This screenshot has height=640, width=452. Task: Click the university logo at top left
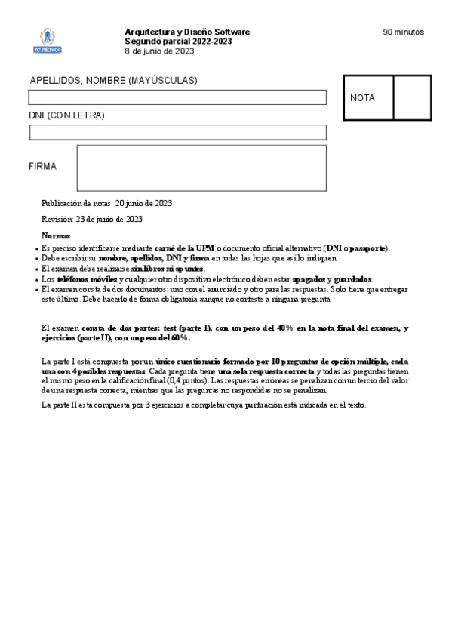click(x=49, y=41)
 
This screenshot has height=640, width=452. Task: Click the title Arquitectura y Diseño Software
click(x=187, y=32)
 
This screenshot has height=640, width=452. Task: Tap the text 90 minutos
click(x=403, y=32)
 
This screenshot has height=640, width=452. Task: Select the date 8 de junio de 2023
click(x=159, y=51)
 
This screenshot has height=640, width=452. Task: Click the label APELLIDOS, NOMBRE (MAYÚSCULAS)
click(x=113, y=80)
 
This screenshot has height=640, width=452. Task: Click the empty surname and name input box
click(x=177, y=97)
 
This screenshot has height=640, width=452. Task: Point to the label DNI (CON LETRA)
click(x=66, y=115)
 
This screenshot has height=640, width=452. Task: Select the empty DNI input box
click(x=177, y=133)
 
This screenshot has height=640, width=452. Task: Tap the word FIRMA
click(x=42, y=166)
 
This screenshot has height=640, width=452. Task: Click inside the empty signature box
click(x=201, y=168)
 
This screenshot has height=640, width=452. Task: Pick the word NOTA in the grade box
click(x=362, y=98)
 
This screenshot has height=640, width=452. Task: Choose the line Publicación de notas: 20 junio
click(x=106, y=203)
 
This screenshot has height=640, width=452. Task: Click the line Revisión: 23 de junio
click(x=92, y=219)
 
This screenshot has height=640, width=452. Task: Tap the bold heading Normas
click(x=56, y=236)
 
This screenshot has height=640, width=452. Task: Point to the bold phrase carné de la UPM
click(x=184, y=248)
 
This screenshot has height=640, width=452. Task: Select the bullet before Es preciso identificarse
click(x=37, y=248)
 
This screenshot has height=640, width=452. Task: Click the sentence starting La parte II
click(x=204, y=405)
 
